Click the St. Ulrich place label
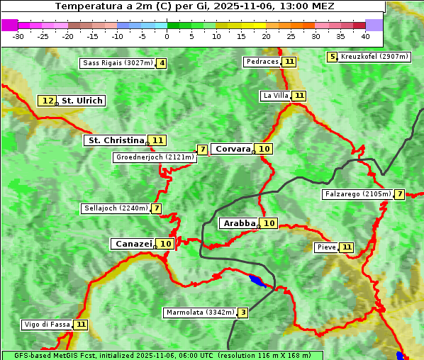click(82, 101)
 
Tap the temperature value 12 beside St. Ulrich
click(48, 101)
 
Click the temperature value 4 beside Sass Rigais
click(162, 63)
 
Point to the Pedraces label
click(262, 62)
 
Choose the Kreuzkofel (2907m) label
click(374, 57)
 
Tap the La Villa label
click(275, 96)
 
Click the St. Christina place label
click(115, 140)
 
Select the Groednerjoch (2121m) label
click(154, 157)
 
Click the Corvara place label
click(233, 149)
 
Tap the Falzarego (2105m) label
click(357, 194)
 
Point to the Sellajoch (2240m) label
click(116, 208)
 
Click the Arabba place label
click(239, 223)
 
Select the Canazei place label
click(133, 243)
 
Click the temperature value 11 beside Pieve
click(346, 247)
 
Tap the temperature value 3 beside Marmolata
click(243, 313)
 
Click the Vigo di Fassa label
click(48, 325)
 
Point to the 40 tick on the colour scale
click(365, 35)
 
